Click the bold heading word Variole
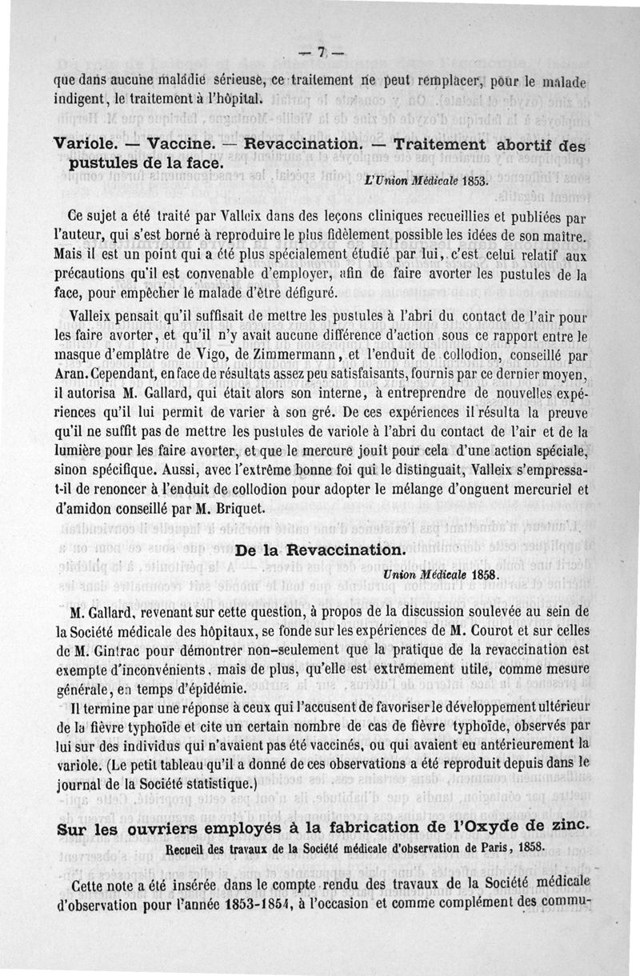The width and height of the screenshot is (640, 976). [86, 146]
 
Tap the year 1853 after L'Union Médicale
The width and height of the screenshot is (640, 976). [472, 182]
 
